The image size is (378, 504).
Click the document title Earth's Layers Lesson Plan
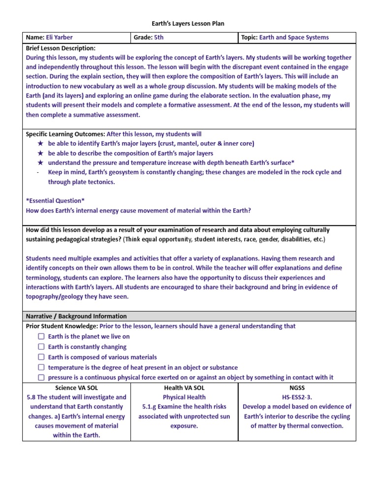(189, 24)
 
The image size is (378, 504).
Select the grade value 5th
(159, 37)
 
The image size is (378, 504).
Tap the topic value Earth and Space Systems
(294, 37)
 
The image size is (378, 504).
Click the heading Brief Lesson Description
(61, 48)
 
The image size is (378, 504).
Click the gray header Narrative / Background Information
(76, 316)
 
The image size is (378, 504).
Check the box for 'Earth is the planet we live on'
(41, 337)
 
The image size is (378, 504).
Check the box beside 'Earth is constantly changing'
(41, 347)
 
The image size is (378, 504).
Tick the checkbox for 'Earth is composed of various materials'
(41, 357)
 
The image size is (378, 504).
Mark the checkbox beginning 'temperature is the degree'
(41, 368)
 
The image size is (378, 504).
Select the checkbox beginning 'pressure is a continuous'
(41, 378)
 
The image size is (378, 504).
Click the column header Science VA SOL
(76, 388)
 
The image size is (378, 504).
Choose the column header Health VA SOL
(184, 388)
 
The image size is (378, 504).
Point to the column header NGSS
(297, 388)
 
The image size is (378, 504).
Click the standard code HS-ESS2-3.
(297, 397)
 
